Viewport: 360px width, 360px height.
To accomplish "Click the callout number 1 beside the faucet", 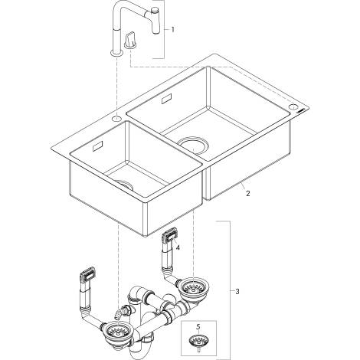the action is (172, 30).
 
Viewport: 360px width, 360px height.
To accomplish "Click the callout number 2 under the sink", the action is (247, 193).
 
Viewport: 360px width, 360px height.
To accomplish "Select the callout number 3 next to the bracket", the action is (237, 291).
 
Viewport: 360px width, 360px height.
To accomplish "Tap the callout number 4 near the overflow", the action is (178, 247).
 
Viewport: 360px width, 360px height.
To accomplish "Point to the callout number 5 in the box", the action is (198, 326).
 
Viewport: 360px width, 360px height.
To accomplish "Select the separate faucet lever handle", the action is (131, 40).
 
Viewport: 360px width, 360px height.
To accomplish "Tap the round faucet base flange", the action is (117, 54).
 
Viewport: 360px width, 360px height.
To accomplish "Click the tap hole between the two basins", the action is (117, 118).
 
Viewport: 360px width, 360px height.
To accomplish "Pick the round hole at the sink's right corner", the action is (293, 106).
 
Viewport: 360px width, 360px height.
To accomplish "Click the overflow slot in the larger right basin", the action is (168, 99).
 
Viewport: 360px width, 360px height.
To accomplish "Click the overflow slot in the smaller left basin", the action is (97, 146).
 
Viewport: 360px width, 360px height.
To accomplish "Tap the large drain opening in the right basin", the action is (193, 146).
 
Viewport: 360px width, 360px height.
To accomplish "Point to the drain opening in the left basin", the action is (125, 185).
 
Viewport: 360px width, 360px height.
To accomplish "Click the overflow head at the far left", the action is (88, 274).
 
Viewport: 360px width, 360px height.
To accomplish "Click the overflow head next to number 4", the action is (169, 234).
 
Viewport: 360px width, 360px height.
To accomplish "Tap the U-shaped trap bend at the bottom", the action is (139, 353).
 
